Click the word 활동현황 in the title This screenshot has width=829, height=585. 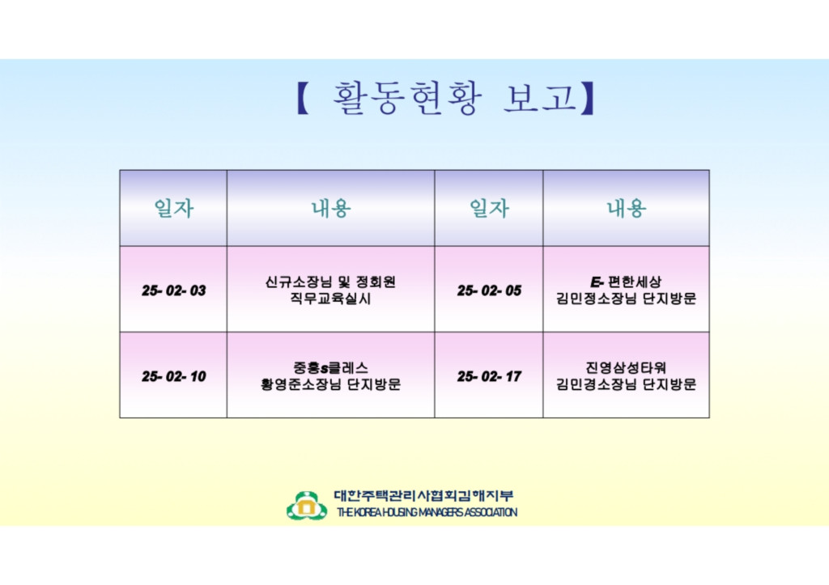coord(407,98)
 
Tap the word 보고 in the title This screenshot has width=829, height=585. coord(540,97)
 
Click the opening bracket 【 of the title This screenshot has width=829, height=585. coord(303,98)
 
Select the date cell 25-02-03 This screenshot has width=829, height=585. coord(173,290)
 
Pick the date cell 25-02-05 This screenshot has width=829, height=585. coord(489,290)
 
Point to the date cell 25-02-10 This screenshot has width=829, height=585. coord(173,376)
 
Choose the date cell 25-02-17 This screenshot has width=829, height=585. coord(489,376)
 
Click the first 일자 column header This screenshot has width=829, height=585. coord(173,208)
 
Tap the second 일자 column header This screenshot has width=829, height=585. coord(489,208)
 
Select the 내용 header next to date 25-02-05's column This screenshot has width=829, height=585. coord(626,208)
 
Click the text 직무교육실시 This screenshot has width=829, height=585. coord(330,299)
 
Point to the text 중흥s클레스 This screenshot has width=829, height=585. coord(330,368)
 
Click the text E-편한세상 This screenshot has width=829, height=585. coord(626,282)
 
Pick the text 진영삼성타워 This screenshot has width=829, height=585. coord(626,368)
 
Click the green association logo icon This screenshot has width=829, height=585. coord(307,506)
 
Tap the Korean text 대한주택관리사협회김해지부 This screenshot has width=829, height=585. coord(423,496)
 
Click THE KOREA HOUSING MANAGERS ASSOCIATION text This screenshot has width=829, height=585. coord(427,512)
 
